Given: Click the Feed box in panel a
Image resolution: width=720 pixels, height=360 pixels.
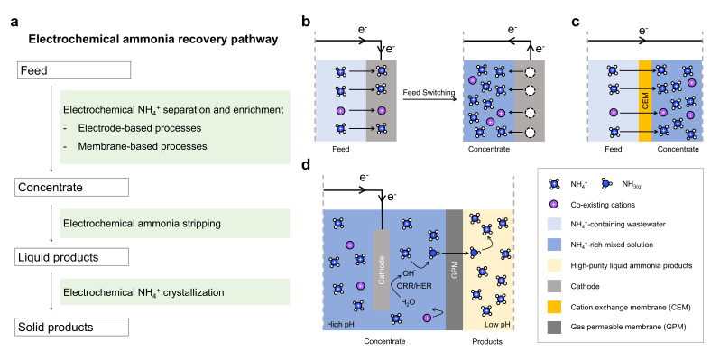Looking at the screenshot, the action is pos(73,71).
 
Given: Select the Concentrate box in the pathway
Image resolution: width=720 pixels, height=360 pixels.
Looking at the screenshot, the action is pos(72,188).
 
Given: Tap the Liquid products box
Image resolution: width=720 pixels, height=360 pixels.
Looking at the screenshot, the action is pos(72,257).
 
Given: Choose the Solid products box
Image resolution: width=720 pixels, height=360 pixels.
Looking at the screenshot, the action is pos(72,327).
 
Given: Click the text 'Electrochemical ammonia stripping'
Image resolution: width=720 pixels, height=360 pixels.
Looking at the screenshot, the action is pos(143,224).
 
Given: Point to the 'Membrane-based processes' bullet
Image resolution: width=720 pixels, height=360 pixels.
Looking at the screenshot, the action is pos(143,146).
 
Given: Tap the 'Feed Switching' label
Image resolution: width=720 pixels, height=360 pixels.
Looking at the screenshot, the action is pos(429,93).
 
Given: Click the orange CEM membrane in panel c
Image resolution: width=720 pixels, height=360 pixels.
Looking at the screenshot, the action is pos(645,100).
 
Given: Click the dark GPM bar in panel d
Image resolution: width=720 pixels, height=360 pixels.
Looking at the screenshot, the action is pos(454,270).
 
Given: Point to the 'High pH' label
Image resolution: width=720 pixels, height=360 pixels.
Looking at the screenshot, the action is pos(338,325).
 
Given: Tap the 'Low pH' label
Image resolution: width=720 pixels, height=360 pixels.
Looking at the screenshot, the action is pos(495,325).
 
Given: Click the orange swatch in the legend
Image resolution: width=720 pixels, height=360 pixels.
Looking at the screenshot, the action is pos(559,307).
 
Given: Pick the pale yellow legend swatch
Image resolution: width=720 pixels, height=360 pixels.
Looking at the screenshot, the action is pos(559,265).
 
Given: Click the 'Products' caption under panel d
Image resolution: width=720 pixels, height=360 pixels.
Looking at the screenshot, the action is pos(487,342).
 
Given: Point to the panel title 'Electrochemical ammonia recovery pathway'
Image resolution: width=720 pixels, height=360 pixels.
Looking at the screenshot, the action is pos(153,40).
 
